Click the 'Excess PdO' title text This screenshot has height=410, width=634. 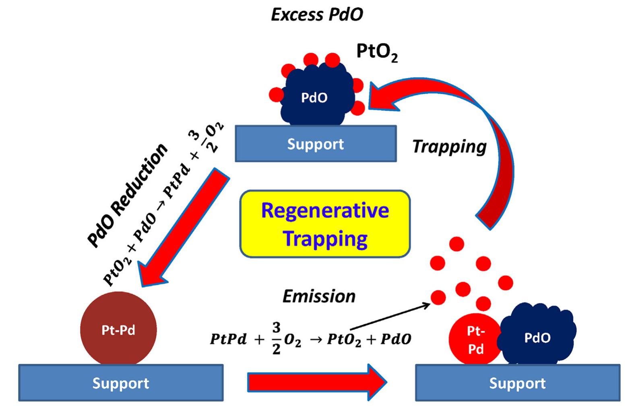pos(317,15)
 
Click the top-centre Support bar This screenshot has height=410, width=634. pos(316,144)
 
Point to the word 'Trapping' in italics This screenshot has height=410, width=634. pos(449,146)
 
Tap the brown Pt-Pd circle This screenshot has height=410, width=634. pos(118,330)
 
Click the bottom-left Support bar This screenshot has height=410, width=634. pos(120,383)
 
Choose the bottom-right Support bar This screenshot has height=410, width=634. pos(517,383)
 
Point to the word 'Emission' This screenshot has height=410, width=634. pos(319,296)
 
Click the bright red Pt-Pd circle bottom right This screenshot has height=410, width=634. pos(475,339)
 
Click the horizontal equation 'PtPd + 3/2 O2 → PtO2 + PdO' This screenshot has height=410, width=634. pos(310,339)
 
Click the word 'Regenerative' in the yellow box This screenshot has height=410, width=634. pos(325,211)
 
